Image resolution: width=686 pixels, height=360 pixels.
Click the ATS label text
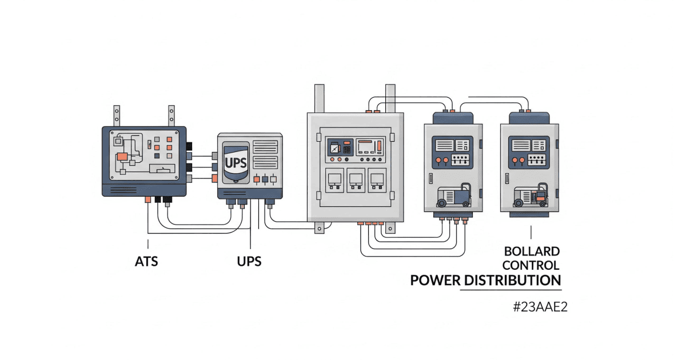pyautogui.click(x=146, y=262)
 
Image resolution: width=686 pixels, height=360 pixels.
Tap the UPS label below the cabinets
pyautogui.click(x=249, y=262)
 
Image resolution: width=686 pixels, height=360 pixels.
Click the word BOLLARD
pyautogui.click(x=532, y=251)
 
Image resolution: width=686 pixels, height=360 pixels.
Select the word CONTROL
pyautogui.click(x=532, y=265)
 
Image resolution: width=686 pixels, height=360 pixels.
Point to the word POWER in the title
pyautogui.click(x=435, y=281)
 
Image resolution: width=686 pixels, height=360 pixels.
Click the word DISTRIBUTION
pyautogui.click(x=512, y=281)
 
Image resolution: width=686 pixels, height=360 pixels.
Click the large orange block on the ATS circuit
pyautogui.click(x=122, y=156)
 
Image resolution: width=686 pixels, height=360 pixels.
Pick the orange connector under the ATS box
pyautogui.click(x=147, y=199)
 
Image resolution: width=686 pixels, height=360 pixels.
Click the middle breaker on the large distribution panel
pyautogui.click(x=356, y=180)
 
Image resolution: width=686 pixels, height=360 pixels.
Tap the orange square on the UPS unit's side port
pyautogui.click(x=214, y=178)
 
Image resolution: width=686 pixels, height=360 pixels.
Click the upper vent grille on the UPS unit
pyautogui.click(x=264, y=146)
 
